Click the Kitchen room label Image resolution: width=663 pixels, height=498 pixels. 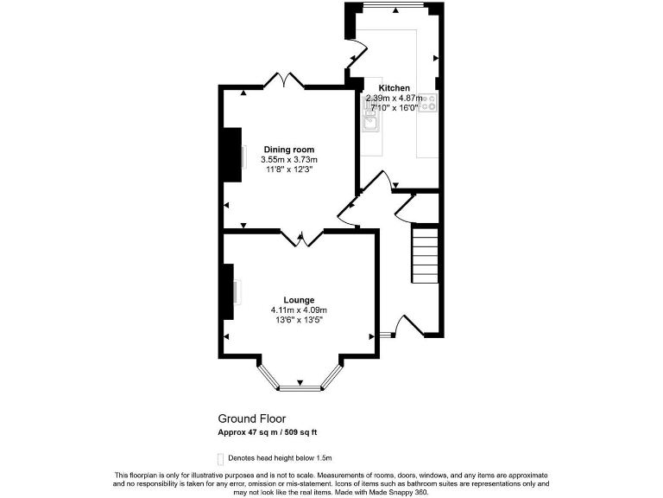[395, 88]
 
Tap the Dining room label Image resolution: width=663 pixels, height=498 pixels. [289, 150]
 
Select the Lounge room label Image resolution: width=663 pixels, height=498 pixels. [298, 300]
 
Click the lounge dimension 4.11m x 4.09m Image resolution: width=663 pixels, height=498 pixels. [298, 310]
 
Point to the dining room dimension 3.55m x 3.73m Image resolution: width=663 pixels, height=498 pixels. [289, 160]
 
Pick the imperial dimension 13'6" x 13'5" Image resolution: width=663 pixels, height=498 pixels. [298, 320]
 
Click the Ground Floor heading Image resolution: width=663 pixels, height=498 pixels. [251, 418]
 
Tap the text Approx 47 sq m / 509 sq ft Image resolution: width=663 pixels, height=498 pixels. [273, 432]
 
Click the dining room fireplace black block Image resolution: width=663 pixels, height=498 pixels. [232, 155]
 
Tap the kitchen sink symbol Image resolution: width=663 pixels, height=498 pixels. [371, 121]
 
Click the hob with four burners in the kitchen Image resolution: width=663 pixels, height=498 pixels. [429, 104]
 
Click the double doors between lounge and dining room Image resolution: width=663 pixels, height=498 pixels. [301, 236]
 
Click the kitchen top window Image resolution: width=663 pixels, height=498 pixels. [393, 7]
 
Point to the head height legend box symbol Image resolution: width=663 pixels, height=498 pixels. [220, 457]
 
